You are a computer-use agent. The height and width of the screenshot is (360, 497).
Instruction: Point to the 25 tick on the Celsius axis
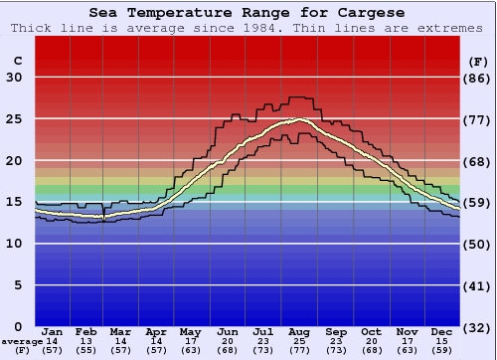(x=14, y=119)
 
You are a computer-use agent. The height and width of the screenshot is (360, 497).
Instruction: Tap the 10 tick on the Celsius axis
(x=14, y=244)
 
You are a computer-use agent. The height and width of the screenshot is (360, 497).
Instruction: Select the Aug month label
(x=299, y=331)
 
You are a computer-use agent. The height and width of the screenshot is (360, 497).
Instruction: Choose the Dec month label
(x=442, y=331)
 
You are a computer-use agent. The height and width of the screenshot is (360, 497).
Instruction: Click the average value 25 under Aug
(x=299, y=341)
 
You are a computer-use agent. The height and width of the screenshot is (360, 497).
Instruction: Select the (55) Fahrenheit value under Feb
(x=86, y=350)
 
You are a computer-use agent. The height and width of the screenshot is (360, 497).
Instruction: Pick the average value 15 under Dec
(x=442, y=341)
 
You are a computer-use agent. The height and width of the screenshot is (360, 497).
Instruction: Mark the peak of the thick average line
(x=297, y=119)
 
